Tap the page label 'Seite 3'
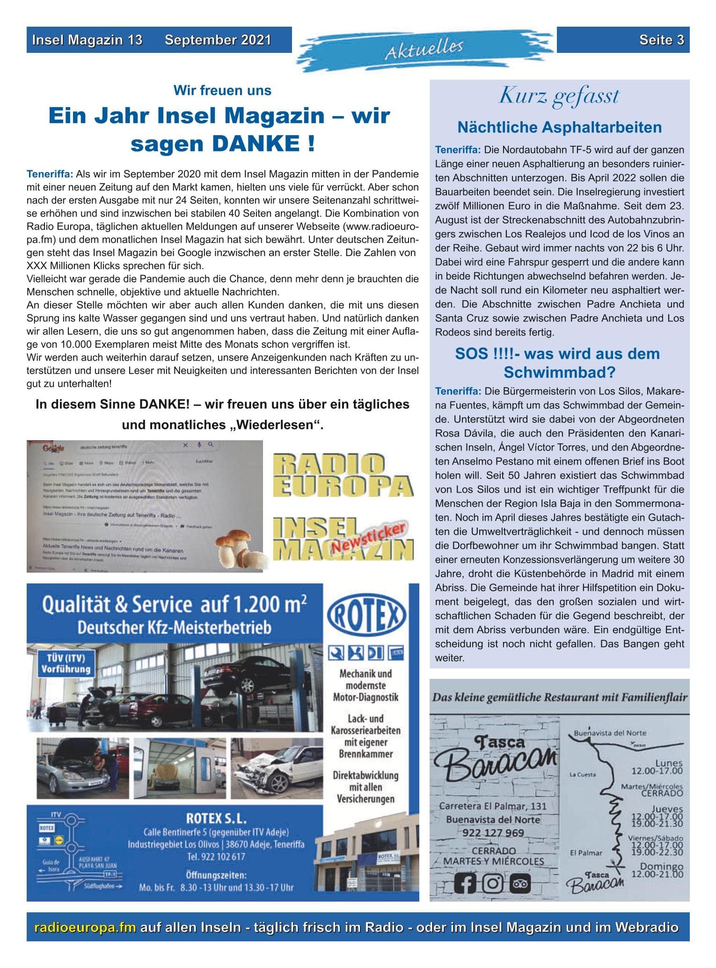click(662, 40)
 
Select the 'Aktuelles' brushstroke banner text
click(424, 49)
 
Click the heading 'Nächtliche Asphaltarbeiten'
click(559, 127)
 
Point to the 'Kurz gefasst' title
click(559, 96)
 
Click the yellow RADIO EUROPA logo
click(343, 475)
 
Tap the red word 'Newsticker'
click(368, 538)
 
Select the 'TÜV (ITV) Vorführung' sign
click(65, 663)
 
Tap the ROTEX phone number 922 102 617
click(216, 857)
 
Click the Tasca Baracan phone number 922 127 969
click(493, 833)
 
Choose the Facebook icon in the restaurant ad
click(465, 884)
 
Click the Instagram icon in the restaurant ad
click(492, 884)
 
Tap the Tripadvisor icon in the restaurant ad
click(519, 884)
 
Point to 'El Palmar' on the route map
click(586, 853)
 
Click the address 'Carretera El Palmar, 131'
click(492, 806)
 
